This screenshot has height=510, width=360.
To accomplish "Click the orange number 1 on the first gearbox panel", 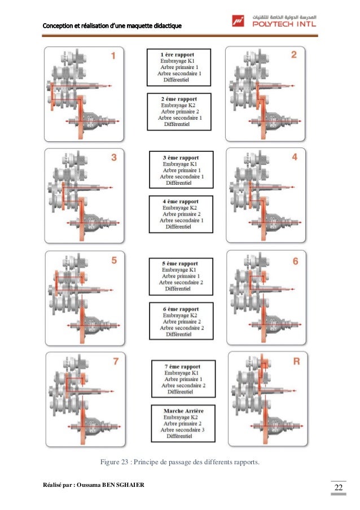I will [x=113, y=55].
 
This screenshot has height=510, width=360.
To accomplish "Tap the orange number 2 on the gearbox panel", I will [x=294, y=55].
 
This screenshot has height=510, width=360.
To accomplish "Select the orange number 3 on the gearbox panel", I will [x=114, y=158].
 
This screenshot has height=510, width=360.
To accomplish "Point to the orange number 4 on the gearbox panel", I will [x=295, y=158].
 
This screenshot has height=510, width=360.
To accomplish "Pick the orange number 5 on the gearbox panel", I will [x=114, y=260].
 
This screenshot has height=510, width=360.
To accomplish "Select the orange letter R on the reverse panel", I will [x=296, y=362].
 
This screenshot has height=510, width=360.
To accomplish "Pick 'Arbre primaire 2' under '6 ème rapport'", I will [x=182, y=322].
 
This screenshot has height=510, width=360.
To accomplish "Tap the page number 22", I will [x=339, y=487].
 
